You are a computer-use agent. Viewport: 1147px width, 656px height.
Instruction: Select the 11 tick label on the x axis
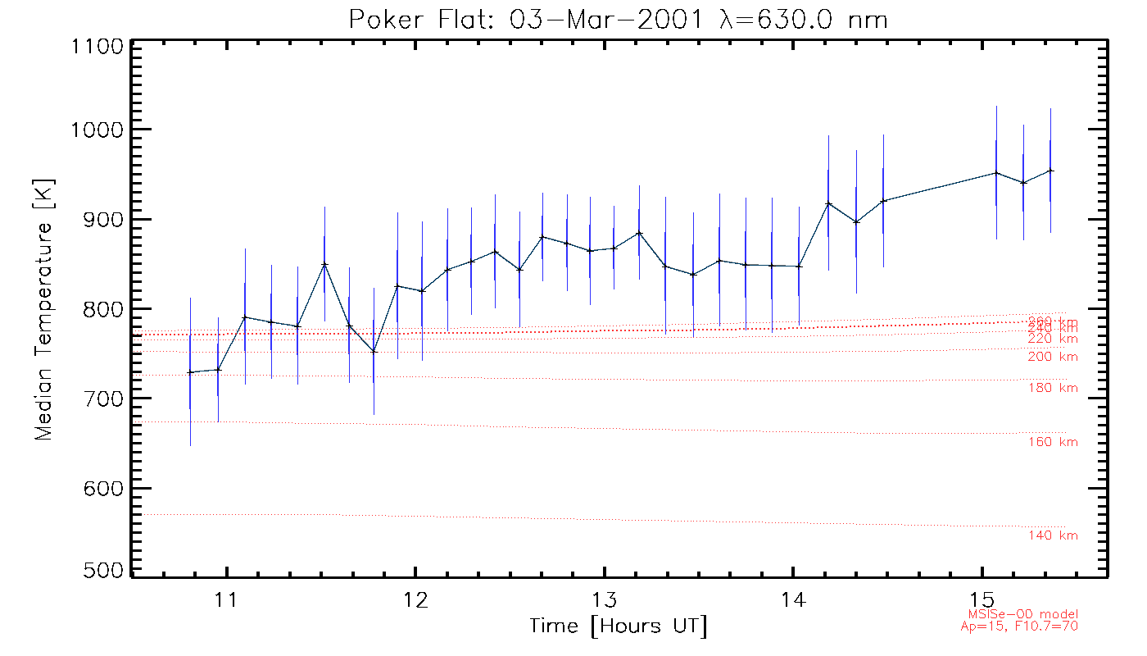(226, 598)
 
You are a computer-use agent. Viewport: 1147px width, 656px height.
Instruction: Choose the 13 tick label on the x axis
(605, 598)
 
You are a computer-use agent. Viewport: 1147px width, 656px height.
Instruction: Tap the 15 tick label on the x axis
(982, 598)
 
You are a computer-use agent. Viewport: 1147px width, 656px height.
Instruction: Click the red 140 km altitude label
(1053, 535)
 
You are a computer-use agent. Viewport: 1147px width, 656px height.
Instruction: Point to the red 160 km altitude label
(1053, 442)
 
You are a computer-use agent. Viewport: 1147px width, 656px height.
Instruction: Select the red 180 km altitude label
(1053, 388)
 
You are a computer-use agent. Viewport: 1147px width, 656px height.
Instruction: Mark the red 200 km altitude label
(1053, 357)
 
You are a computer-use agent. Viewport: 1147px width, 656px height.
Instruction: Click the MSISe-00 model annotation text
(1022, 614)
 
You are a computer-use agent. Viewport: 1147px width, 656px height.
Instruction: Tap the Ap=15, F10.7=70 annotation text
(1019, 626)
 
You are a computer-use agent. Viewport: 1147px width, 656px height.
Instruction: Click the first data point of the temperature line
(190, 372)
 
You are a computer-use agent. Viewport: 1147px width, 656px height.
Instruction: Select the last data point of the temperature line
(1050, 171)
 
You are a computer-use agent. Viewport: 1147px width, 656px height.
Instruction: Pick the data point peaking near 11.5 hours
(325, 264)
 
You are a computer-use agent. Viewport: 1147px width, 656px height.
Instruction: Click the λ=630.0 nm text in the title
(803, 19)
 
